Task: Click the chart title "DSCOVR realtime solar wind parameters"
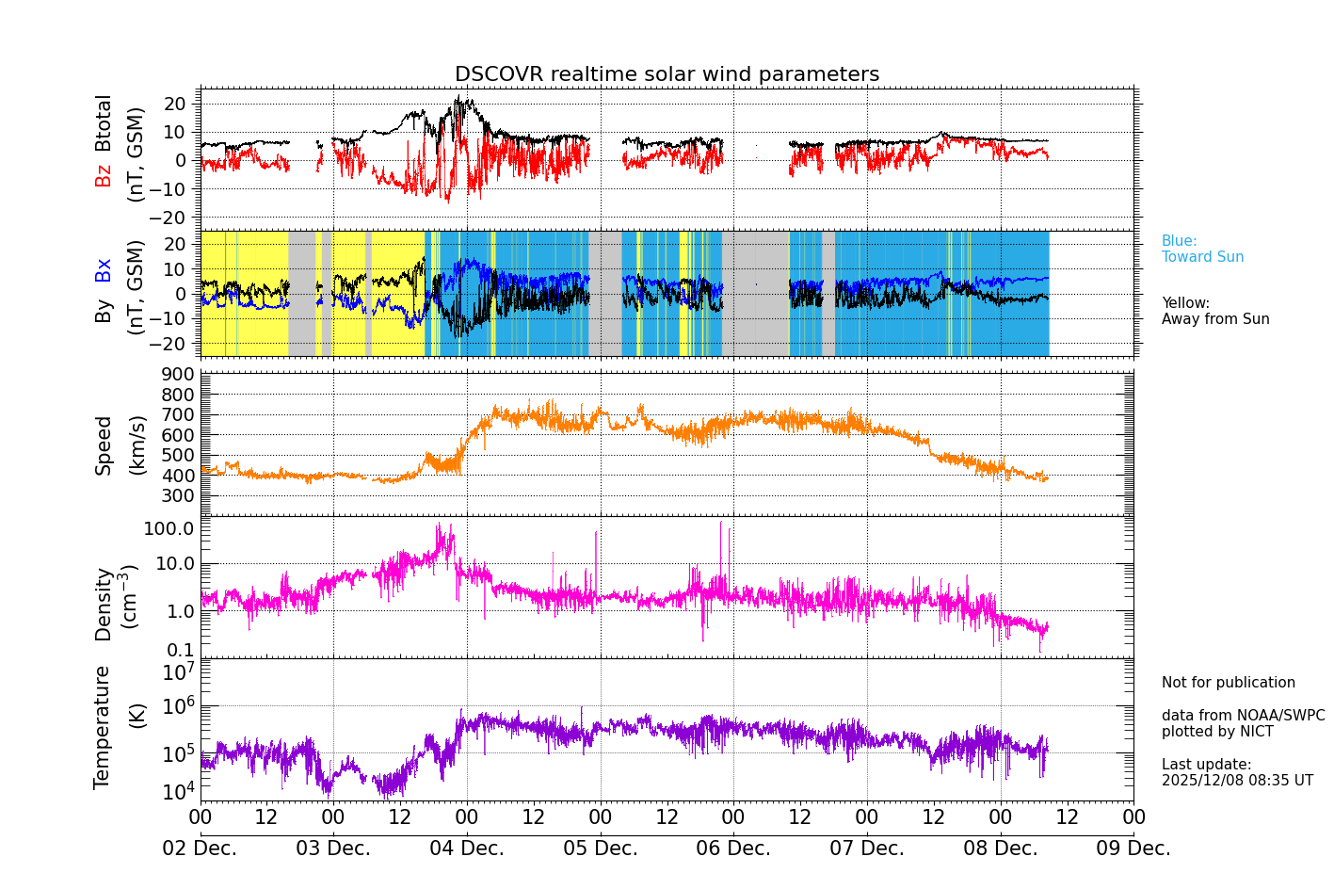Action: pos(667,74)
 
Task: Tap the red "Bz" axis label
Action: pos(104,175)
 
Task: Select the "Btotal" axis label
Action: pos(104,123)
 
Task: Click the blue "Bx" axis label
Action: pos(104,270)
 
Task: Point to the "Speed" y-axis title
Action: pos(104,445)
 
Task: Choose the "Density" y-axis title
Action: pos(104,604)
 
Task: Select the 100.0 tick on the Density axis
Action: pos(169,528)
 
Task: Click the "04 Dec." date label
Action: pos(467,849)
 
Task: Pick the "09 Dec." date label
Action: pos(1133,849)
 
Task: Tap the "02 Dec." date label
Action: pos(201,849)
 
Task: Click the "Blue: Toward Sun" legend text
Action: pos(1202,250)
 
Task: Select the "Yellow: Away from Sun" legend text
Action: pos(1215,312)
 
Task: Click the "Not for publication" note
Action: pos(1228,683)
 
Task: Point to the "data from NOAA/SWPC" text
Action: pos(1243,716)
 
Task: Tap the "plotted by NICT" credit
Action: pos(1217,732)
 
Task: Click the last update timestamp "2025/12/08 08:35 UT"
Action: pos(1237,781)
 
